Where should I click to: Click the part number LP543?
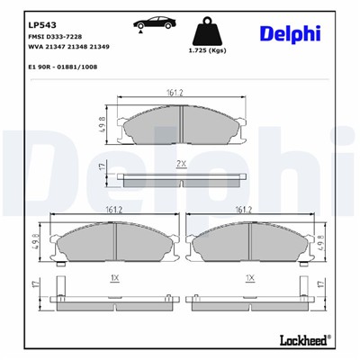pos(41,25)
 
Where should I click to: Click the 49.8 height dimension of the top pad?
pos(103,123)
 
